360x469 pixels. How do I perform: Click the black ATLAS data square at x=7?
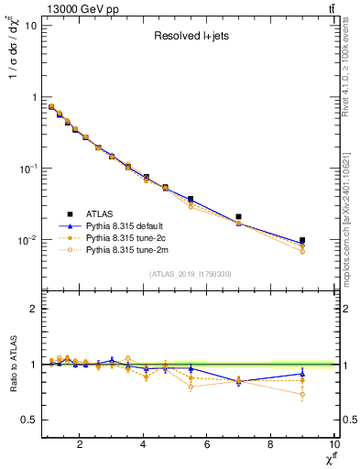(x=239, y=217)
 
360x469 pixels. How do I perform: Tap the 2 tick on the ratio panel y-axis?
(x=32, y=309)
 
